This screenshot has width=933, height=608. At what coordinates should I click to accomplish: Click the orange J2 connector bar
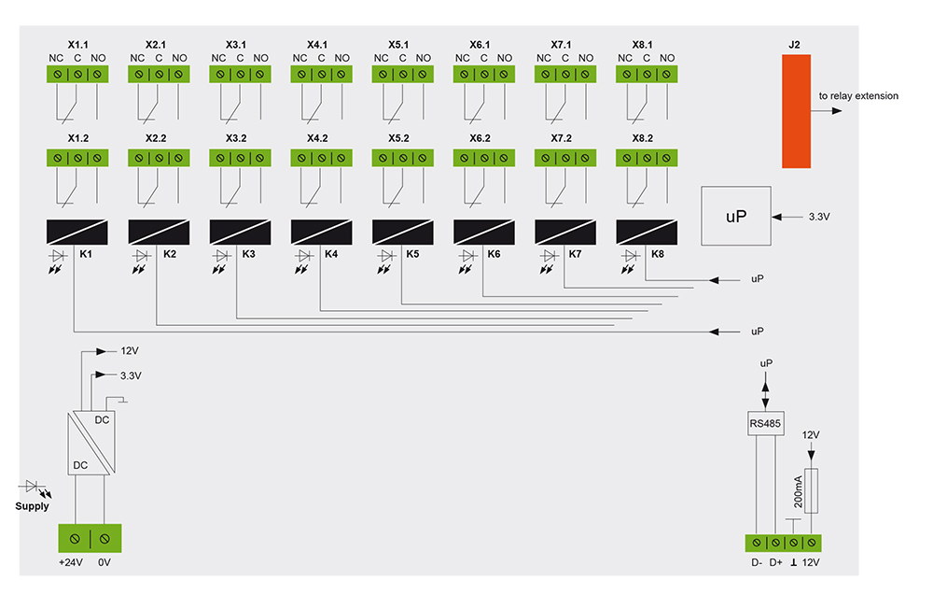pos(796,110)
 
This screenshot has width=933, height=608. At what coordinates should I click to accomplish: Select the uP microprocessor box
pos(736,216)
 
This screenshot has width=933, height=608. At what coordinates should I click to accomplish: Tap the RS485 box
pos(765,425)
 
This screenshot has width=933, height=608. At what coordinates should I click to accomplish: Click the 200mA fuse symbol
pos(811,491)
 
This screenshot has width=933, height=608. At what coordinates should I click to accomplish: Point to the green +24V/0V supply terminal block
pos(91,539)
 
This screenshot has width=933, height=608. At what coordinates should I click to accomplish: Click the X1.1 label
pos(78,44)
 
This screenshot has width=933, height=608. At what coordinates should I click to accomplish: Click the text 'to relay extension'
pos(858,95)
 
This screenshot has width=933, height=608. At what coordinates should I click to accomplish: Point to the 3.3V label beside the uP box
pos(818,217)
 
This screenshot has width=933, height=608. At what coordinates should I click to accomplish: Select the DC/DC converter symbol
pos(91,444)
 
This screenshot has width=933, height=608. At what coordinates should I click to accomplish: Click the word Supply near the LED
pos(32,506)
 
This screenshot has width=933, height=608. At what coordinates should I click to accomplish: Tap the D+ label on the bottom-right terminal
pos(775,562)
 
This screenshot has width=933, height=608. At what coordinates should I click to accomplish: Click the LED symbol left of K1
pos(58,255)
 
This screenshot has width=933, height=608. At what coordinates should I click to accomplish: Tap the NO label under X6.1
pos(505,58)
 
